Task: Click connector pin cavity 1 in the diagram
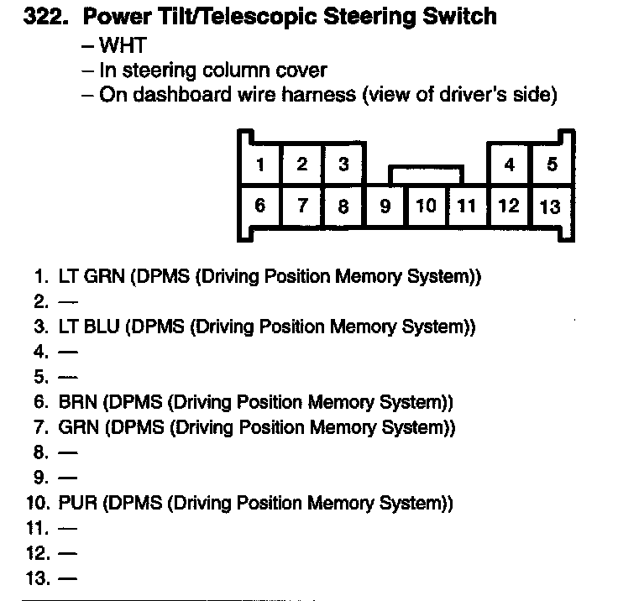click(261, 165)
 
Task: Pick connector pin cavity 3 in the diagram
click(343, 165)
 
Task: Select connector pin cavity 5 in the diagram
click(551, 165)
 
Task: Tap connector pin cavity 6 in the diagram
click(261, 206)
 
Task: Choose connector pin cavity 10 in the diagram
click(426, 206)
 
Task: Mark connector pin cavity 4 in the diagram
click(509, 165)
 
